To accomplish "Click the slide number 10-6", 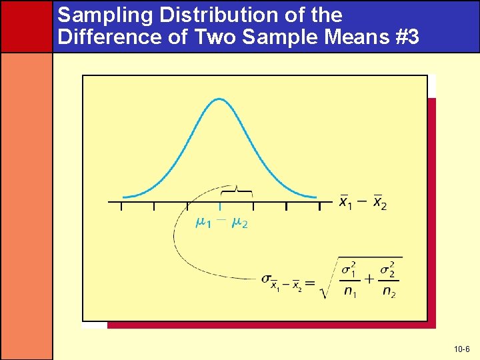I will click(461, 349).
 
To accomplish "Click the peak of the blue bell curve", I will click(219, 99).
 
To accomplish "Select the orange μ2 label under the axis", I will click(239, 223).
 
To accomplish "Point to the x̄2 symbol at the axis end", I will click(379, 201).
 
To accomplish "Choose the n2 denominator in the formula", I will click(388, 291).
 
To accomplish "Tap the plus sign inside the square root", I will click(369, 278).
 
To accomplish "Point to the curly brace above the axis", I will click(237, 191).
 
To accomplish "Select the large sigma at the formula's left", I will click(267, 279).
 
